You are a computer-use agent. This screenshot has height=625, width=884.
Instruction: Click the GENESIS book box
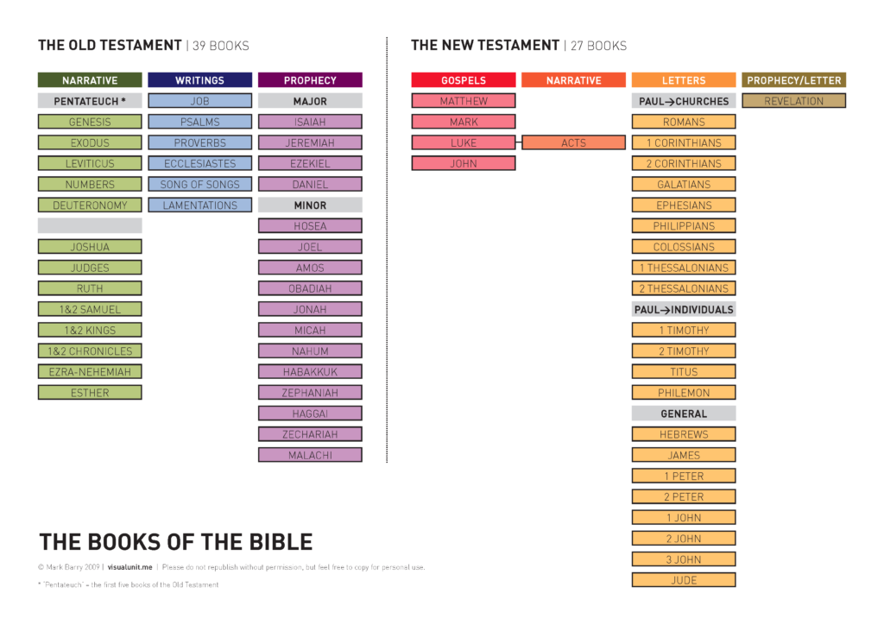pyautogui.click(x=90, y=122)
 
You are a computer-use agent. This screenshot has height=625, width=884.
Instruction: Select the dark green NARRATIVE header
pyautogui.click(x=90, y=80)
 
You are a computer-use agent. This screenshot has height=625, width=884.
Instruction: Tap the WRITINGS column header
pyautogui.click(x=199, y=80)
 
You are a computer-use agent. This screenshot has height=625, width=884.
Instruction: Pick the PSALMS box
pyautogui.click(x=199, y=122)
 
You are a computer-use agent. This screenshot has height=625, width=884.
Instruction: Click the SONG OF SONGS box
pyautogui.click(x=199, y=184)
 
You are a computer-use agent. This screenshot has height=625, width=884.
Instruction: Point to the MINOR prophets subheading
pyautogui.click(x=310, y=205)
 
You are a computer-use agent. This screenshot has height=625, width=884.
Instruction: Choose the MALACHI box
pyautogui.click(x=310, y=455)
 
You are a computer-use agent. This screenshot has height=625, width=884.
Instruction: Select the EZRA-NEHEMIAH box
pyautogui.click(x=90, y=372)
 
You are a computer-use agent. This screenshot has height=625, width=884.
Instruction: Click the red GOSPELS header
pyautogui.click(x=464, y=80)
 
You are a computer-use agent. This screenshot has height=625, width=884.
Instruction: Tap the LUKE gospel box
pyautogui.click(x=464, y=142)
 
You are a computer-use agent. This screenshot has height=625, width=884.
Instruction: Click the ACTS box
pyautogui.click(x=573, y=142)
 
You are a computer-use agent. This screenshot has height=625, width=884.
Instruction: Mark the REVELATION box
pyautogui.click(x=794, y=101)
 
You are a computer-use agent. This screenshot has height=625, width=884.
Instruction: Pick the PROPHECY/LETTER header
pyautogui.click(x=794, y=80)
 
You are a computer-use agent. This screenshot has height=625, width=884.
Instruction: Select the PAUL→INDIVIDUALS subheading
pyautogui.click(x=684, y=309)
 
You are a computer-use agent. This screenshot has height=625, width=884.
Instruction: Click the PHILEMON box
pyautogui.click(x=684, y=393)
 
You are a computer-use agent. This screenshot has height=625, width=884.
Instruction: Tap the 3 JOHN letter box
pyautogui.click(x=684, y=559)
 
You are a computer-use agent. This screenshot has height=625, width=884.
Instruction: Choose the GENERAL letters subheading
pyautogui.click(x=684, y=414)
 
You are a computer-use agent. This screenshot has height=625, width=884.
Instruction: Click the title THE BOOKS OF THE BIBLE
pyautogui.click(x=175, y=542)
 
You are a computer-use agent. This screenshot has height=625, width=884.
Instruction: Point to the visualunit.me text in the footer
pyautogui.click(x=129, y=567)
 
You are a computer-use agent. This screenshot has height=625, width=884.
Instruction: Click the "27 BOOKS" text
pyautogui.click(x=598, y=46)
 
